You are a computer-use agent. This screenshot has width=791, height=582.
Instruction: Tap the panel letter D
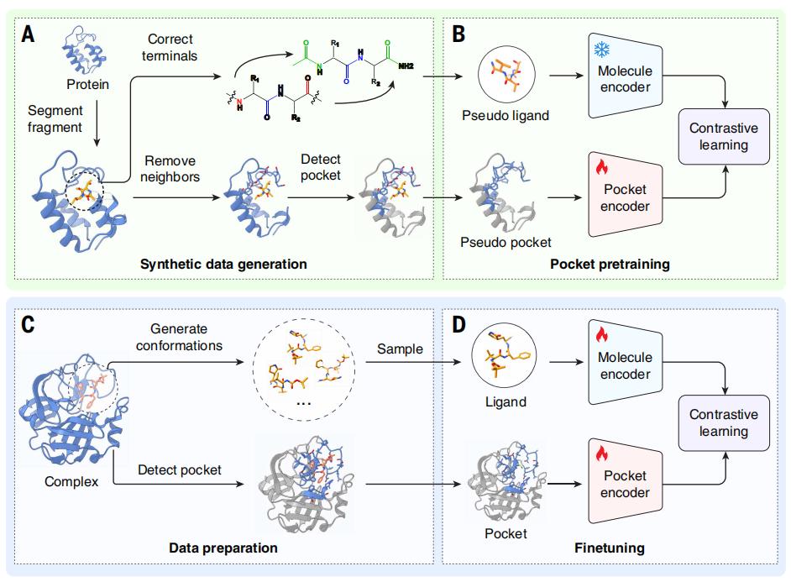pyautogui.click(x=458, y=324)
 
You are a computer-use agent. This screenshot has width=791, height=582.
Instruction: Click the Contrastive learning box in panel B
pyautogui.click(x=723, y=137)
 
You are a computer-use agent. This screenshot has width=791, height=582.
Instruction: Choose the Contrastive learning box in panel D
pyautogui.click(x=723, y=423)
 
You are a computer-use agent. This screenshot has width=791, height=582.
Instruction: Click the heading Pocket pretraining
pyautogui.click(x=610, y=264)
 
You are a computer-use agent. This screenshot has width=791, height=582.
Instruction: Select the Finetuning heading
pyautogui.click(x=610, y=548)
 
